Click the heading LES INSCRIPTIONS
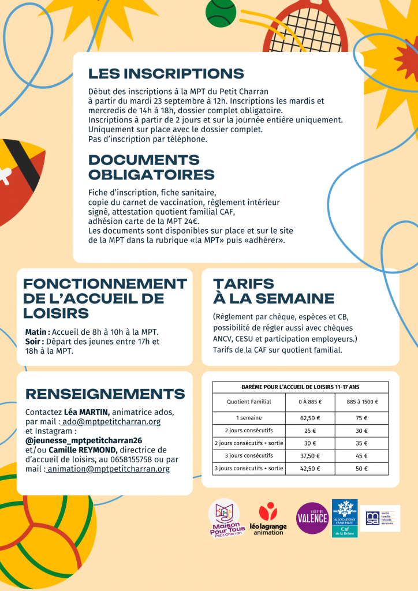coord(166,73)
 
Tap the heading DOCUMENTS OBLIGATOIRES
coord(151,167)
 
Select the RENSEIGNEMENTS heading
coord(105,394)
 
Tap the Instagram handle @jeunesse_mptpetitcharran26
coord(84,440)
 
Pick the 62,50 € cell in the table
coord(310,418)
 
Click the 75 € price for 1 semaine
coord(362,418)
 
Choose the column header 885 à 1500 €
coord(362,402)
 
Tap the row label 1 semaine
coord(249,418)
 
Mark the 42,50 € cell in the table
coord(310,468)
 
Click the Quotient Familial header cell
coord(249,402)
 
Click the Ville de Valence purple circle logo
coord(312,518)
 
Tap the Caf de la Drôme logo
coord(345,518)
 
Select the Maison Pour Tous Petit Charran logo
coord(227,518)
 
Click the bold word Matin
coord(37,332)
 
